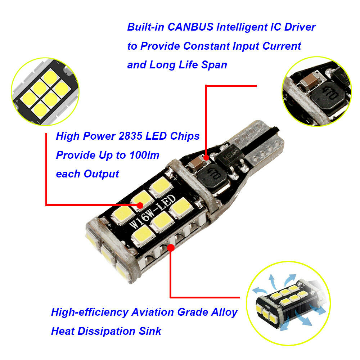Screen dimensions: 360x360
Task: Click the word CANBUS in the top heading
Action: point(190,27)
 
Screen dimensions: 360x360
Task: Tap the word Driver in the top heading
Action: point(300,27)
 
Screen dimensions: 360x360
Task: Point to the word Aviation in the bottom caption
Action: point(153,312)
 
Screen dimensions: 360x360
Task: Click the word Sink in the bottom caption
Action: point(150,331)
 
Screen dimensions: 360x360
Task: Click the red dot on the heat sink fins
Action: point(171,248)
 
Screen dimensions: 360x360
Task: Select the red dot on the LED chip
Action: point(140,205)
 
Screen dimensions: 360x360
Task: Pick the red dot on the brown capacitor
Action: point(206,158)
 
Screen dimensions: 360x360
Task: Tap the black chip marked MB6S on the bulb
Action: point(229,155)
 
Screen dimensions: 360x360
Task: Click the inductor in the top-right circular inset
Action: point(328,96)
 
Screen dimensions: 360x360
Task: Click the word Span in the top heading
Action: point(214,65)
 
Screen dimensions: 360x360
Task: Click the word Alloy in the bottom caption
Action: point(224,312)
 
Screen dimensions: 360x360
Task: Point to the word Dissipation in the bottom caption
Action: point(107,331)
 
